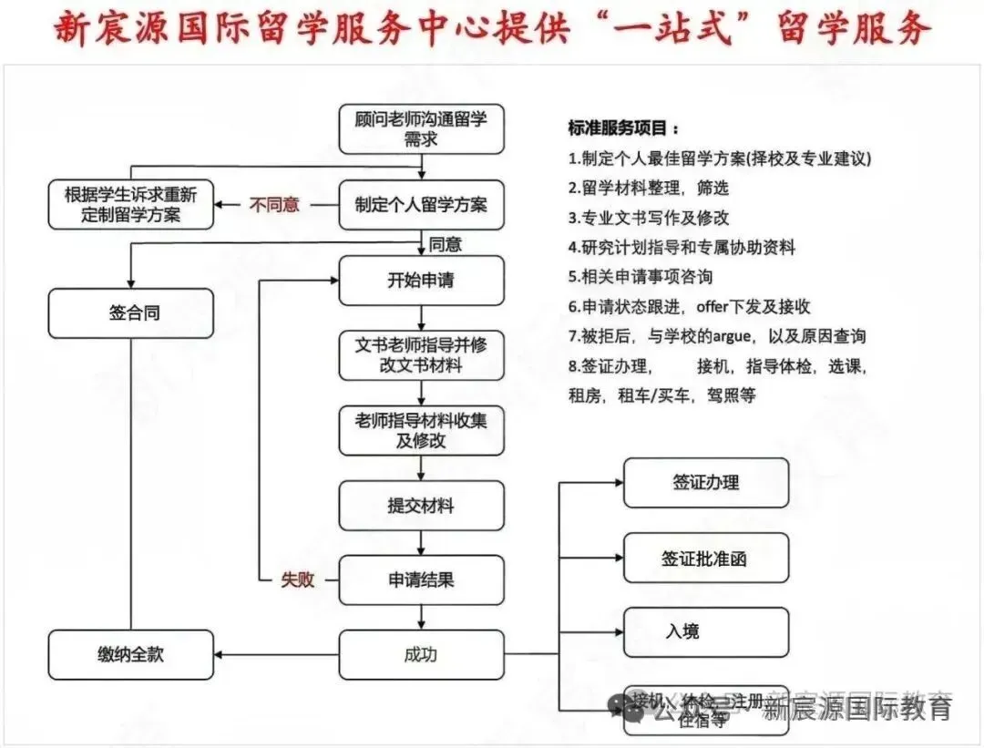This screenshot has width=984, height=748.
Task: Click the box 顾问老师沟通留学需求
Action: pyautogui.click(x=421, y=129)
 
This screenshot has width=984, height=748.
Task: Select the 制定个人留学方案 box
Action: pyautogui.click(x=421, y=205)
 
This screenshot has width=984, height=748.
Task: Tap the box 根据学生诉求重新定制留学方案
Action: pyautogui.click(x=130, y=205)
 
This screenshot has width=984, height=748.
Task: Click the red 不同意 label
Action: pyautogui.click(x=274, y=205)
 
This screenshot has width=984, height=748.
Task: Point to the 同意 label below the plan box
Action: pyautogui.click(x=446, y=244)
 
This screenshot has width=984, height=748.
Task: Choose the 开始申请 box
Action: pyautogui.click(x=421, y=281)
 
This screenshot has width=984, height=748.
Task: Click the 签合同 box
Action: pyautogui.click(x=130, y=313)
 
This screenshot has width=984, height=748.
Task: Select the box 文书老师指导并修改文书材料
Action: pyautogui.click(x=421, y=355)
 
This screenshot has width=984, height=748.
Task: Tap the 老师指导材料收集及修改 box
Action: pyautogui.click(x=421, y=430)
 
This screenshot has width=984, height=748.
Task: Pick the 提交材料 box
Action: pyautogui.click(x=421, y=506)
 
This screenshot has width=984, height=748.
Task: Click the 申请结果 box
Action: pyautogui.click(x=421, y=579)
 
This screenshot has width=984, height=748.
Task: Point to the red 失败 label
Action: pyautogui.click(x=297, y=579)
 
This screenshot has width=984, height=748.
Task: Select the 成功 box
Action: pyautogui.click(x=421, y=654)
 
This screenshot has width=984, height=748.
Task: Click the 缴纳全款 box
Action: pyautogui.click(x=130, y=654)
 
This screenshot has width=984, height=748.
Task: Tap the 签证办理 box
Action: pyautogui.click(x=705, y=483)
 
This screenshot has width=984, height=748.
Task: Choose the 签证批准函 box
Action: pyautogui.click(x=705, y=558)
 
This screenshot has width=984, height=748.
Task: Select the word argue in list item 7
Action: pyautogui.click(x=731, y=336)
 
